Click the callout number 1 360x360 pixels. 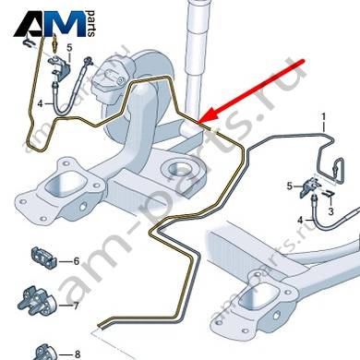(324, 117)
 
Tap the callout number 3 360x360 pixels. (330, 211)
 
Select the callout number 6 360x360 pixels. (77, 261)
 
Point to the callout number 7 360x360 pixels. (76, 306)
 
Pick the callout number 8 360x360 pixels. (78, 354)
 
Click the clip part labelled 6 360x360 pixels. (44, 258)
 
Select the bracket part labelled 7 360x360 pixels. (37, 301)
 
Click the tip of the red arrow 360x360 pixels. (198, 122)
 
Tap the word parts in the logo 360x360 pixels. (91, 24)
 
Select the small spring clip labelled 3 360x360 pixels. (329, 194)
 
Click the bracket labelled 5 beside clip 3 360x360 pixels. (310, 186)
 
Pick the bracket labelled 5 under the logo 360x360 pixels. (59, 67)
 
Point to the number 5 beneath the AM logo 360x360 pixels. (69, 48)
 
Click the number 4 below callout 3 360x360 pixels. (301, 221)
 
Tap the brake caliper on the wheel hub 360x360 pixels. (110, 82)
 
